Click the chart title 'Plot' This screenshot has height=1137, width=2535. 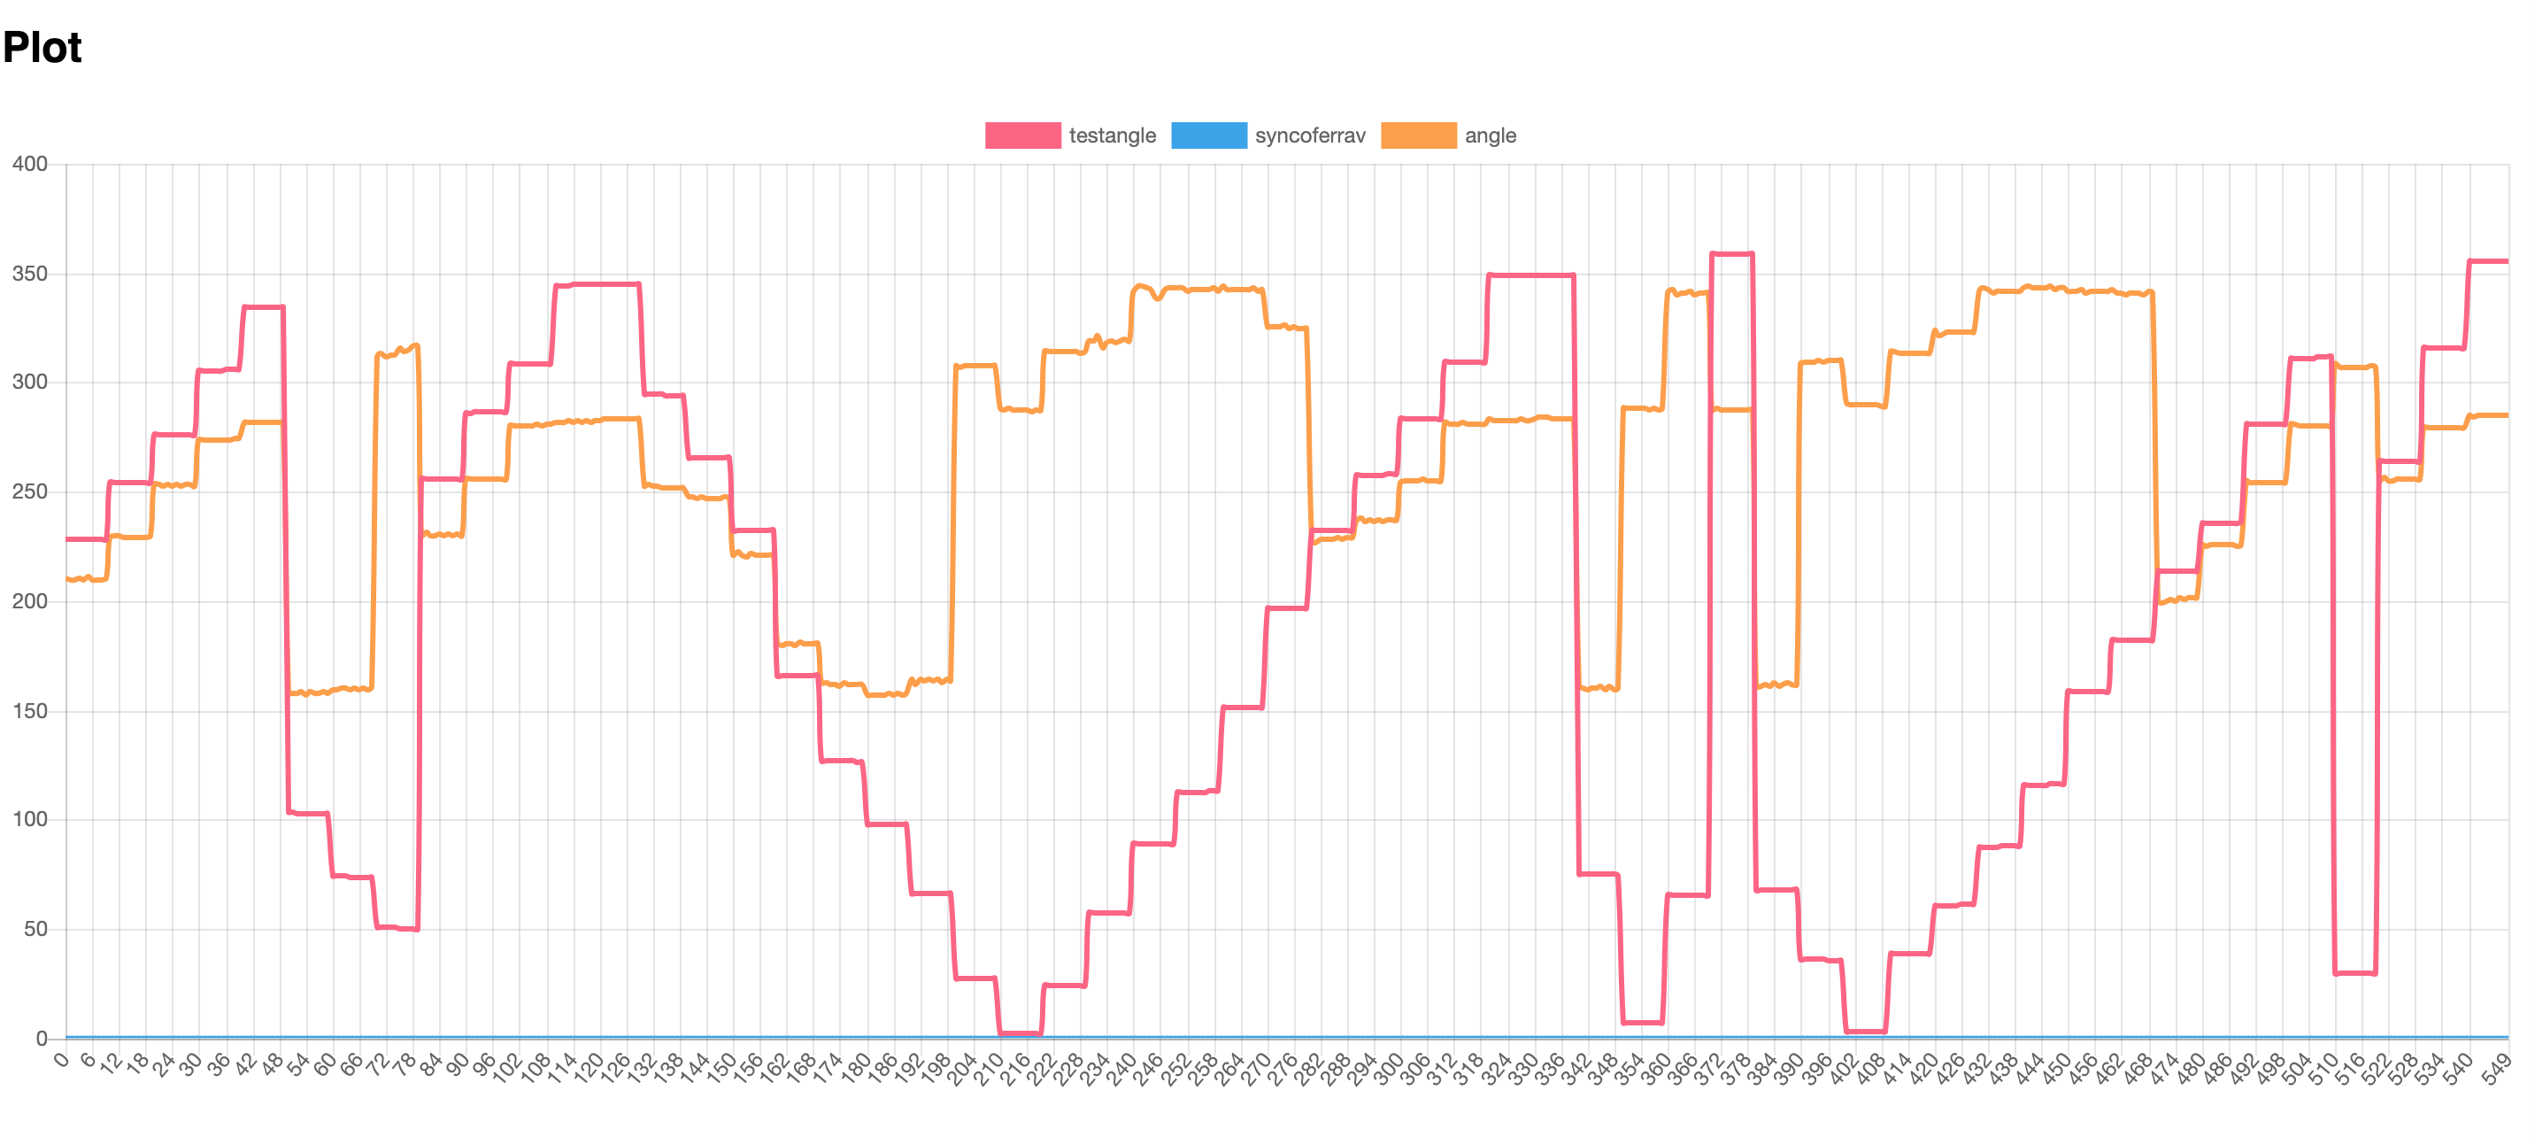click(x=42, y=47)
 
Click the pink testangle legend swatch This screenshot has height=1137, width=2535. click(x=1022, y=135)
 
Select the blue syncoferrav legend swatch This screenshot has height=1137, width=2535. click(x=1208, y=135)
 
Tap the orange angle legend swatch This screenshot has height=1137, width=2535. click(x=1418, y=135)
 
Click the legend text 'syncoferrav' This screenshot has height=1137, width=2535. click(x=1310, y=135)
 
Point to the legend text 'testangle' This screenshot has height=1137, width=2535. click(x=1112, y=135)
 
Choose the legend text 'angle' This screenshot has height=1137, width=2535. click(x=1490, y=135)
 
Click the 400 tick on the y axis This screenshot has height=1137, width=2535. click(x=29, y=165)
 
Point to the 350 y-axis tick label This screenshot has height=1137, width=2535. click(x=29, y=274)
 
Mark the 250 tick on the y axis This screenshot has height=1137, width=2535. click(x=29, y=492)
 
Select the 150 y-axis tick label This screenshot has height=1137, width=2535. click(x=29, y=711)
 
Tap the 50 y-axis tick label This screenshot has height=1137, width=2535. click(x=35, y=929)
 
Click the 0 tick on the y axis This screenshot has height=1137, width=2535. click(x=42, y=1039)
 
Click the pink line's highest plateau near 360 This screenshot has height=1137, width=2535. click(x=1732, y=254)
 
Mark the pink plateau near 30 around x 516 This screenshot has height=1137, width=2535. click(x=2355, y=972)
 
